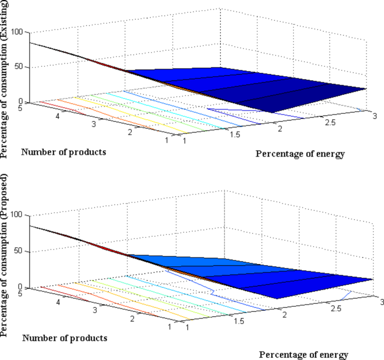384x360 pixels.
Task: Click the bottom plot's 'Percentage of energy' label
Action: (x=304, y=354)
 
